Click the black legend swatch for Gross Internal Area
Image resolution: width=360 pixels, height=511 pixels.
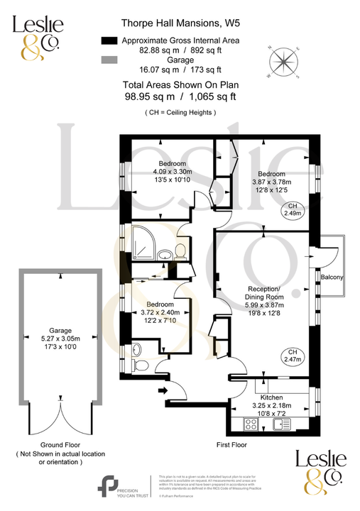coord(108,40)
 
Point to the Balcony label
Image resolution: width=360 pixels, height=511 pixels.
coord(332,277)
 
